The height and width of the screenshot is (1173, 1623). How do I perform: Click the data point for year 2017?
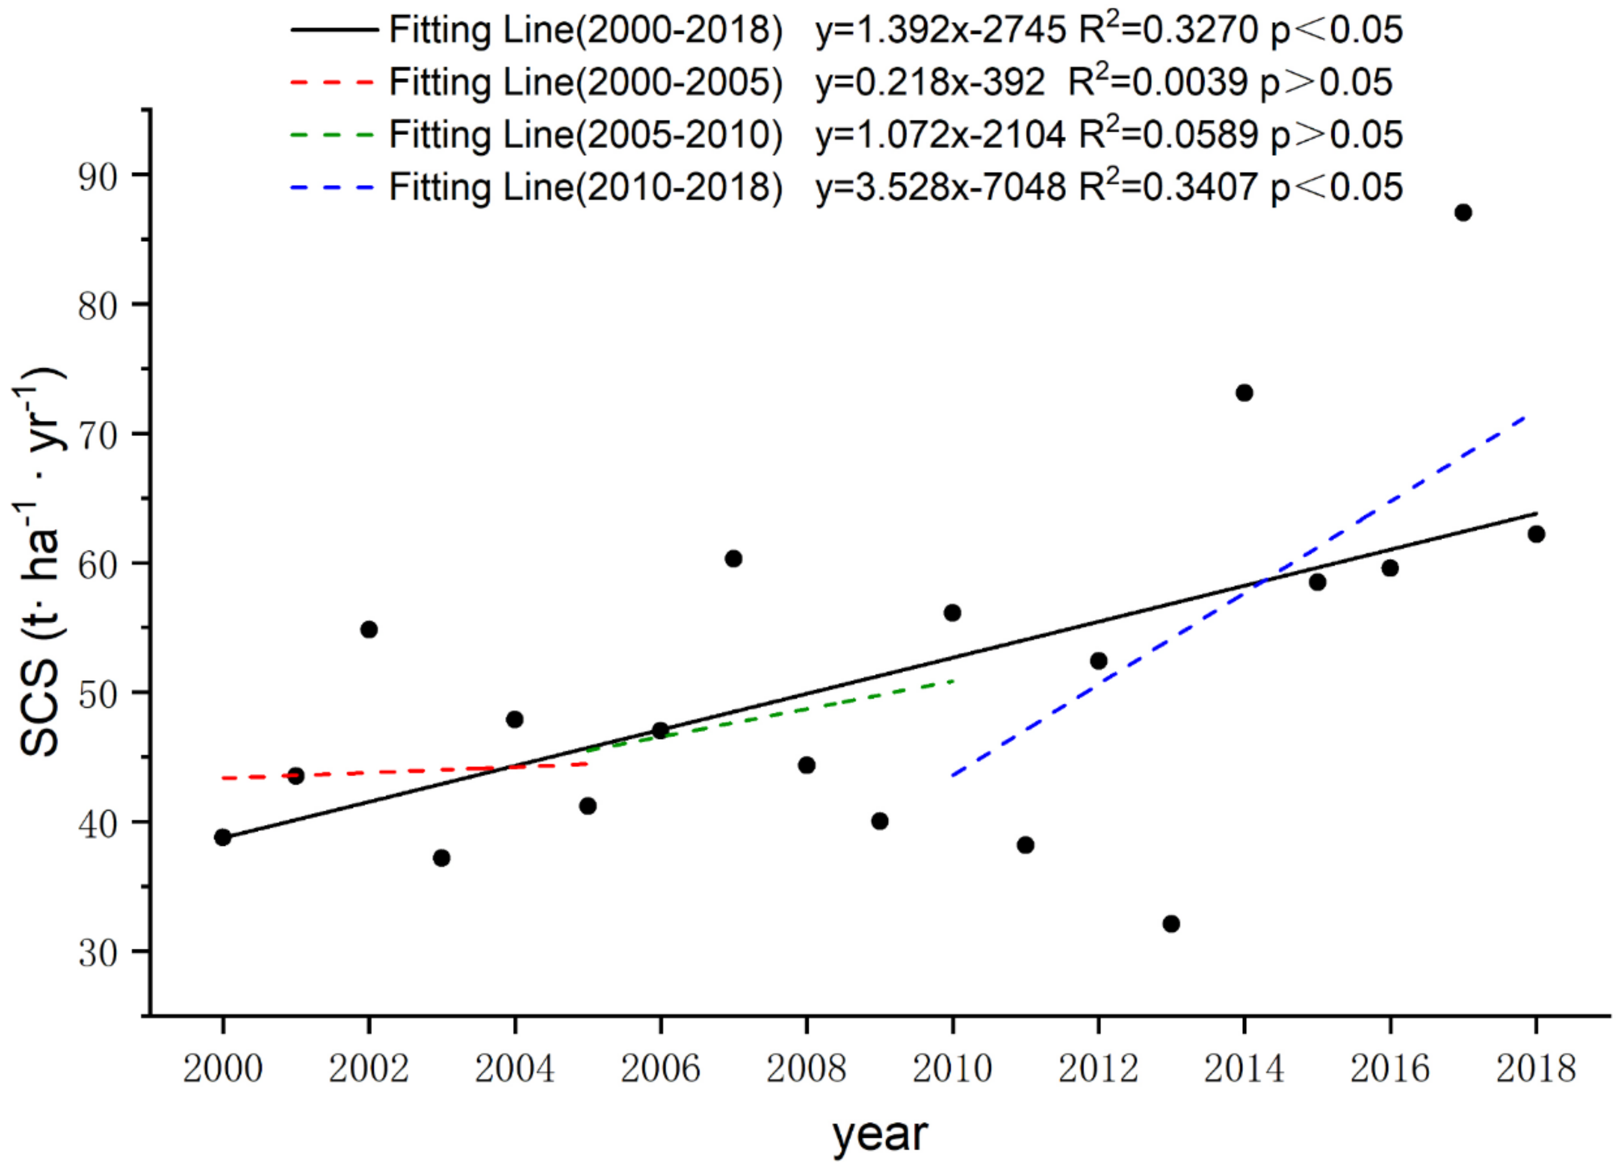1464,212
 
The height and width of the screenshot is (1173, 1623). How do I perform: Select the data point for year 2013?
1171,924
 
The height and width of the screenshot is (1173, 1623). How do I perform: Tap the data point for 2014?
1245,393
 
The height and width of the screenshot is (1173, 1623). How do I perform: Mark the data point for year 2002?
369,630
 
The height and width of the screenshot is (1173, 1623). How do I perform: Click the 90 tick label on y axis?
99,176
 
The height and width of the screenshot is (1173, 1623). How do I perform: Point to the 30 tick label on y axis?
99,952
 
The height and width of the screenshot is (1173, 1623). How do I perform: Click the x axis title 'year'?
880,1135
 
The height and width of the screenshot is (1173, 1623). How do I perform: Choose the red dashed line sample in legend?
333,83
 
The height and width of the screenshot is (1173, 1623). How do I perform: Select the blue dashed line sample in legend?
333,187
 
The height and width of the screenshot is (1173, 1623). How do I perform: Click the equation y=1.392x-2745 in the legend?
941,30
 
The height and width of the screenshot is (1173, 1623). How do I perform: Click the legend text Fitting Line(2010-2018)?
585,187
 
